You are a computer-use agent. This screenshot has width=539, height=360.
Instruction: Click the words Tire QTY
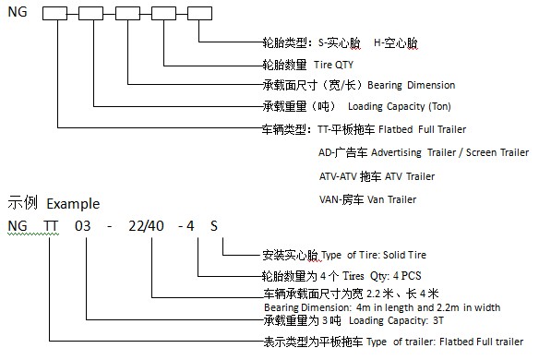333,65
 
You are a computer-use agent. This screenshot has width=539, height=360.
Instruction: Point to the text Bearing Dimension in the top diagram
411,85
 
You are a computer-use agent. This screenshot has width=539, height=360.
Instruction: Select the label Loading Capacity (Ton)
400,106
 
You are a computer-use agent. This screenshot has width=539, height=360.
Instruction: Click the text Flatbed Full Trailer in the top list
422,129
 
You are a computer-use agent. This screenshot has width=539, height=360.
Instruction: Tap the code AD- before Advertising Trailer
326,152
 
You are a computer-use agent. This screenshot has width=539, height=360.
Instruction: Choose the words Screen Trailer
497,152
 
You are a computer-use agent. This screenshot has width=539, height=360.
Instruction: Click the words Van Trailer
391,199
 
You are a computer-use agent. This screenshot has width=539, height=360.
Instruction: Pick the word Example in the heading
73,204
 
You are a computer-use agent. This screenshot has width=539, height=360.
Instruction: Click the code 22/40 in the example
146,226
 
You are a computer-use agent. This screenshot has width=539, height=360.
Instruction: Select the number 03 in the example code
83,226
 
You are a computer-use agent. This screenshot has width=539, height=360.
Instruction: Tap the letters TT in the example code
51,226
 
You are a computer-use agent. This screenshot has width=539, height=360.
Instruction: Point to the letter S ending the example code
214,226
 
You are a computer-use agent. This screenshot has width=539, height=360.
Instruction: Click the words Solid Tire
404,255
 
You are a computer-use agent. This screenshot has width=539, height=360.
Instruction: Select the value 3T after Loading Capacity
437,320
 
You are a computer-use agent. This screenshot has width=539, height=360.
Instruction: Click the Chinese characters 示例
22,202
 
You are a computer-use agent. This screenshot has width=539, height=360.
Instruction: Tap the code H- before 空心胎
378,43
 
